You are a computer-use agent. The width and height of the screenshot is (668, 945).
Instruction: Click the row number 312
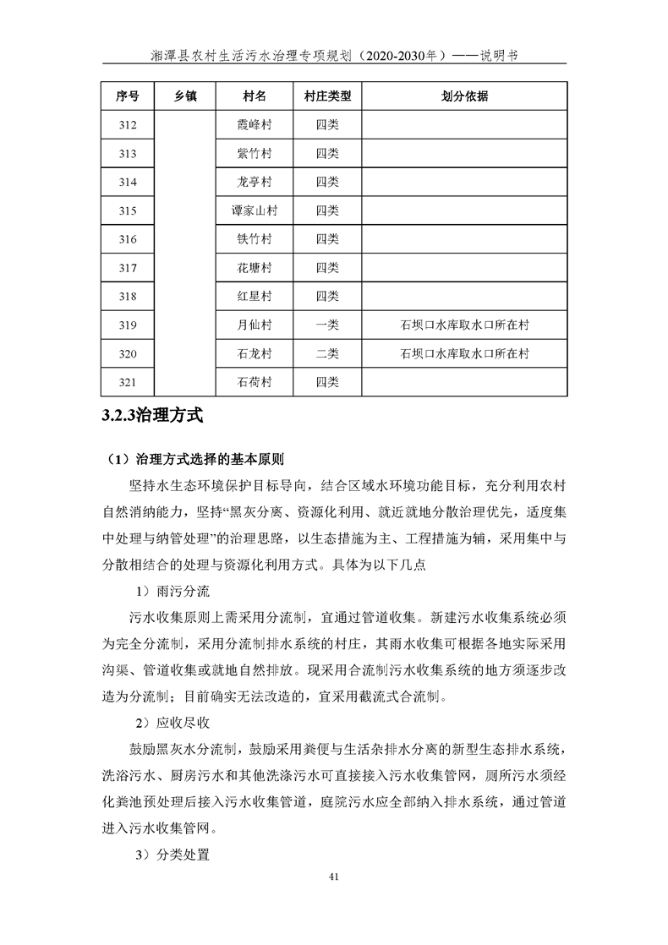(128, 125)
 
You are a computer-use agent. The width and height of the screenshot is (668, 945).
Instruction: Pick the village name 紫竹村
(254, 154)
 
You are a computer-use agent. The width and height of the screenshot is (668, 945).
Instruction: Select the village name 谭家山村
(254, 210)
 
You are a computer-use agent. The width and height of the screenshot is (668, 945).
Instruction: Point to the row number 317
(128, 268)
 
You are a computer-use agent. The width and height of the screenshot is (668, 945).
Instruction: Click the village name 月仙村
(254, 325)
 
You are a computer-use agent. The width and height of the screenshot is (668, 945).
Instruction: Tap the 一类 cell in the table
(327, 325)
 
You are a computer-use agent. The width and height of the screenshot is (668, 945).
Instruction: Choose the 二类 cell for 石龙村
(327, 353)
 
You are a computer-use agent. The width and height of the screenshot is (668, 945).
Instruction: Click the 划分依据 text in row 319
(464, 325)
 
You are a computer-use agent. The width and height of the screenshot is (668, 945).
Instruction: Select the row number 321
(128, 382)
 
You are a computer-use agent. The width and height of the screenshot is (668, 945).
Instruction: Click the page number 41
(334, 900)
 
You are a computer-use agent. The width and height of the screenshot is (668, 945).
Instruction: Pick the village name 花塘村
(254, 268)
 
